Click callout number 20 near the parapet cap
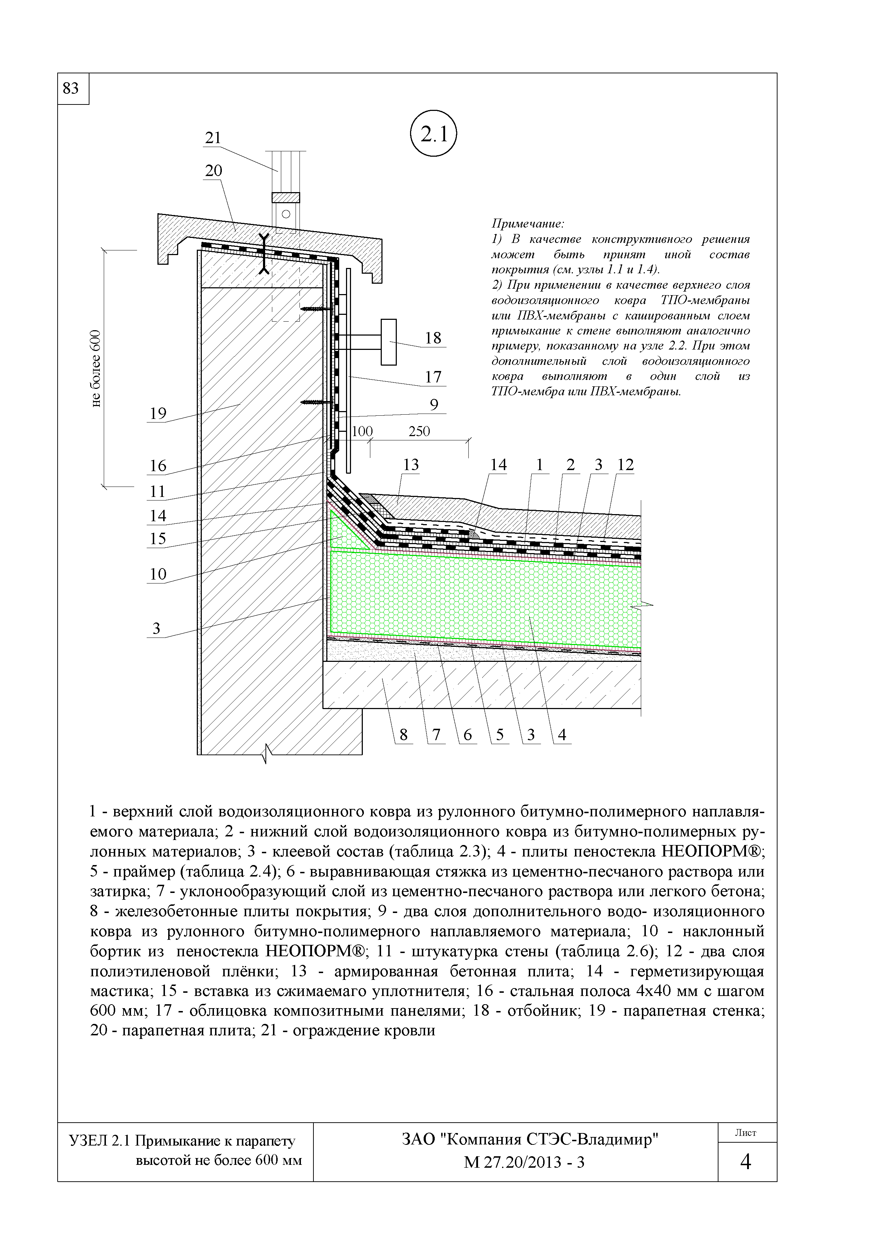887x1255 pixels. coord(213,171)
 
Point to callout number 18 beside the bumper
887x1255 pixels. coord(433,338)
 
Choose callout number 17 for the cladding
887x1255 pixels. coord(433,377)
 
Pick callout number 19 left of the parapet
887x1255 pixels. coord(157,413)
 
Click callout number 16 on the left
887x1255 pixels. coord(157,466)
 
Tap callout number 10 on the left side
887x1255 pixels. coord(157,574)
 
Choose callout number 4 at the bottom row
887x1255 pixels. coord(562,735)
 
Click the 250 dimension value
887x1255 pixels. coord(419,431)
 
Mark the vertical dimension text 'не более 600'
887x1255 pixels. coord(97,368)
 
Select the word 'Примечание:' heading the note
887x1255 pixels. coord(527,224)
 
